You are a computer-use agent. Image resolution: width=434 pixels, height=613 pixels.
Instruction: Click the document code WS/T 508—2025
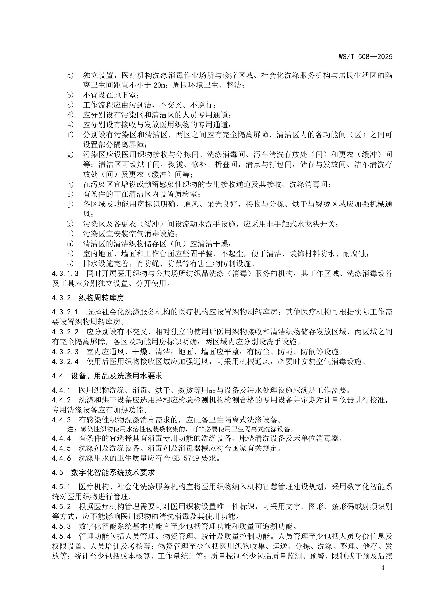coord(365,57)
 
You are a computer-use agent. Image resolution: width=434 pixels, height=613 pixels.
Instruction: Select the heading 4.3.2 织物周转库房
coord(88,298)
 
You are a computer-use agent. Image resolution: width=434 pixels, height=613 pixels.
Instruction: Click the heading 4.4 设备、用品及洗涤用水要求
coord(107,376)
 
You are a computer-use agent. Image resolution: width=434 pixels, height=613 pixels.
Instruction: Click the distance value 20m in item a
coord(160,85)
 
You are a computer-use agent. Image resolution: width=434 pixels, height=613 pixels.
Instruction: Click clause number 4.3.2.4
coord(65,362)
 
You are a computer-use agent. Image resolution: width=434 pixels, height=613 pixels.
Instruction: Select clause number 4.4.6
coord(61,458)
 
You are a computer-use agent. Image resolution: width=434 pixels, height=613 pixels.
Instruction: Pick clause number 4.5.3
coord(61,526)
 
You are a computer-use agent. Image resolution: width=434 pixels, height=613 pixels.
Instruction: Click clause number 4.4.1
coord(61,390)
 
